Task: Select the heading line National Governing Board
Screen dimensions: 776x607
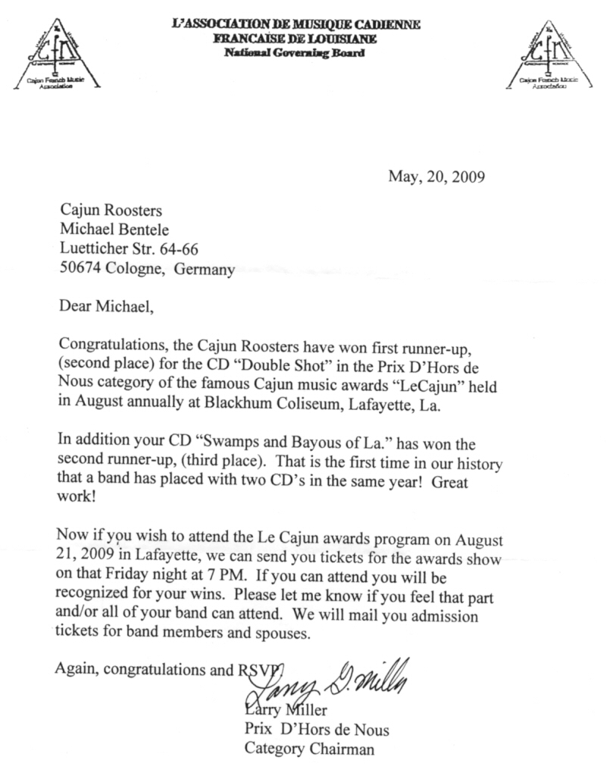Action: pos(295,53)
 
